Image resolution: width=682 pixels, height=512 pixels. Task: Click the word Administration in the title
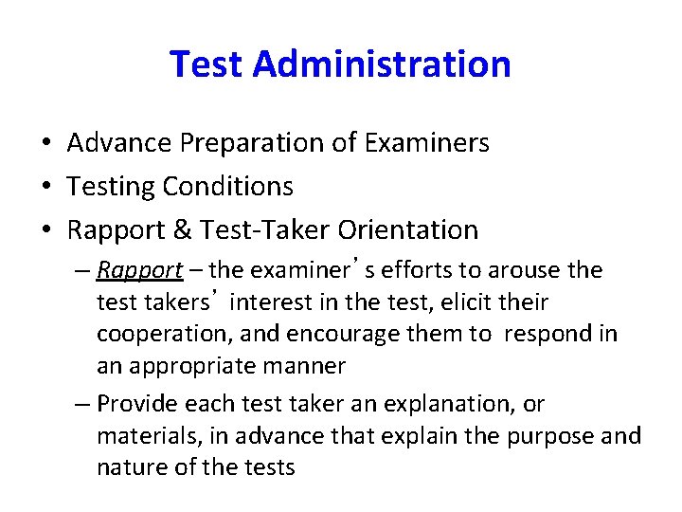(383, 64)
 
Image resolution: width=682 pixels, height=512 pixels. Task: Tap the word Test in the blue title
(207, 64)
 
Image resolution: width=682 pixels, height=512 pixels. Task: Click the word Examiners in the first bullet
(429, 143)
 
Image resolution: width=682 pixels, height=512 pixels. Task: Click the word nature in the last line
(127, 466)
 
